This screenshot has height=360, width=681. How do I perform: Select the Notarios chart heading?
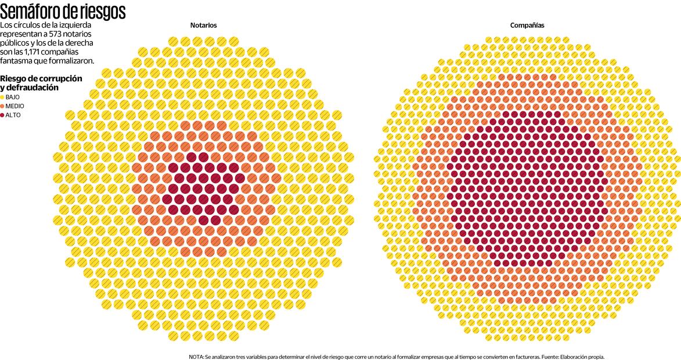coord(204,26)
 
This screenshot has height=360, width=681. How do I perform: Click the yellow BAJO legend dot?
coord(2,97)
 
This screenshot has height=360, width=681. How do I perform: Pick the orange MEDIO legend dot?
coord(2,106)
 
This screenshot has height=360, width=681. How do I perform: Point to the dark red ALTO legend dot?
coord(2,115)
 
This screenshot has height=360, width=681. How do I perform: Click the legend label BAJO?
coord(13,97)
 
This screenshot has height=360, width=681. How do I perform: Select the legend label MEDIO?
coord(15,106)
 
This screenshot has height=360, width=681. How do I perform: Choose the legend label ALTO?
coord(13,115)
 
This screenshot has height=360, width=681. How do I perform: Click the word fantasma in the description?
coord(17,60)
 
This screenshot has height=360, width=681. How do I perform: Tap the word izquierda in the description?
coord(74,26)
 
